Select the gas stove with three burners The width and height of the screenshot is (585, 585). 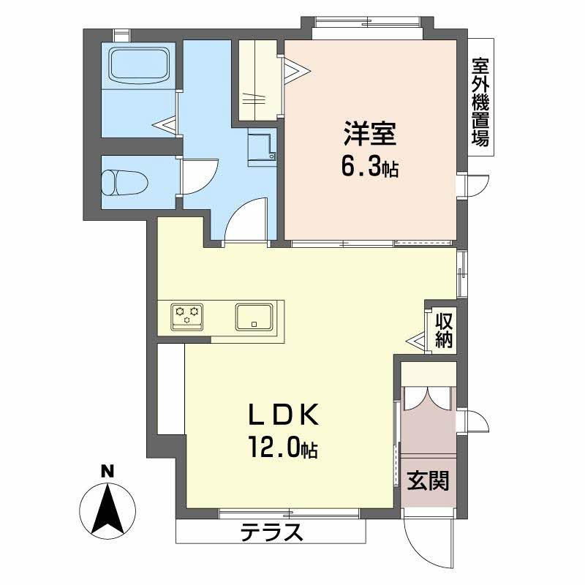[186, 315]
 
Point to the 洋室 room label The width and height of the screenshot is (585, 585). [370, 135]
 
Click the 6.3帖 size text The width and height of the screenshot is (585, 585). [369, 169]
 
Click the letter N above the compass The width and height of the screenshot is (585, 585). [107, 471]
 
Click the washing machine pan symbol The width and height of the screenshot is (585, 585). [262, 149]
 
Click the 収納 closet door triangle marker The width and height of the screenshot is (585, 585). [418, 340]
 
